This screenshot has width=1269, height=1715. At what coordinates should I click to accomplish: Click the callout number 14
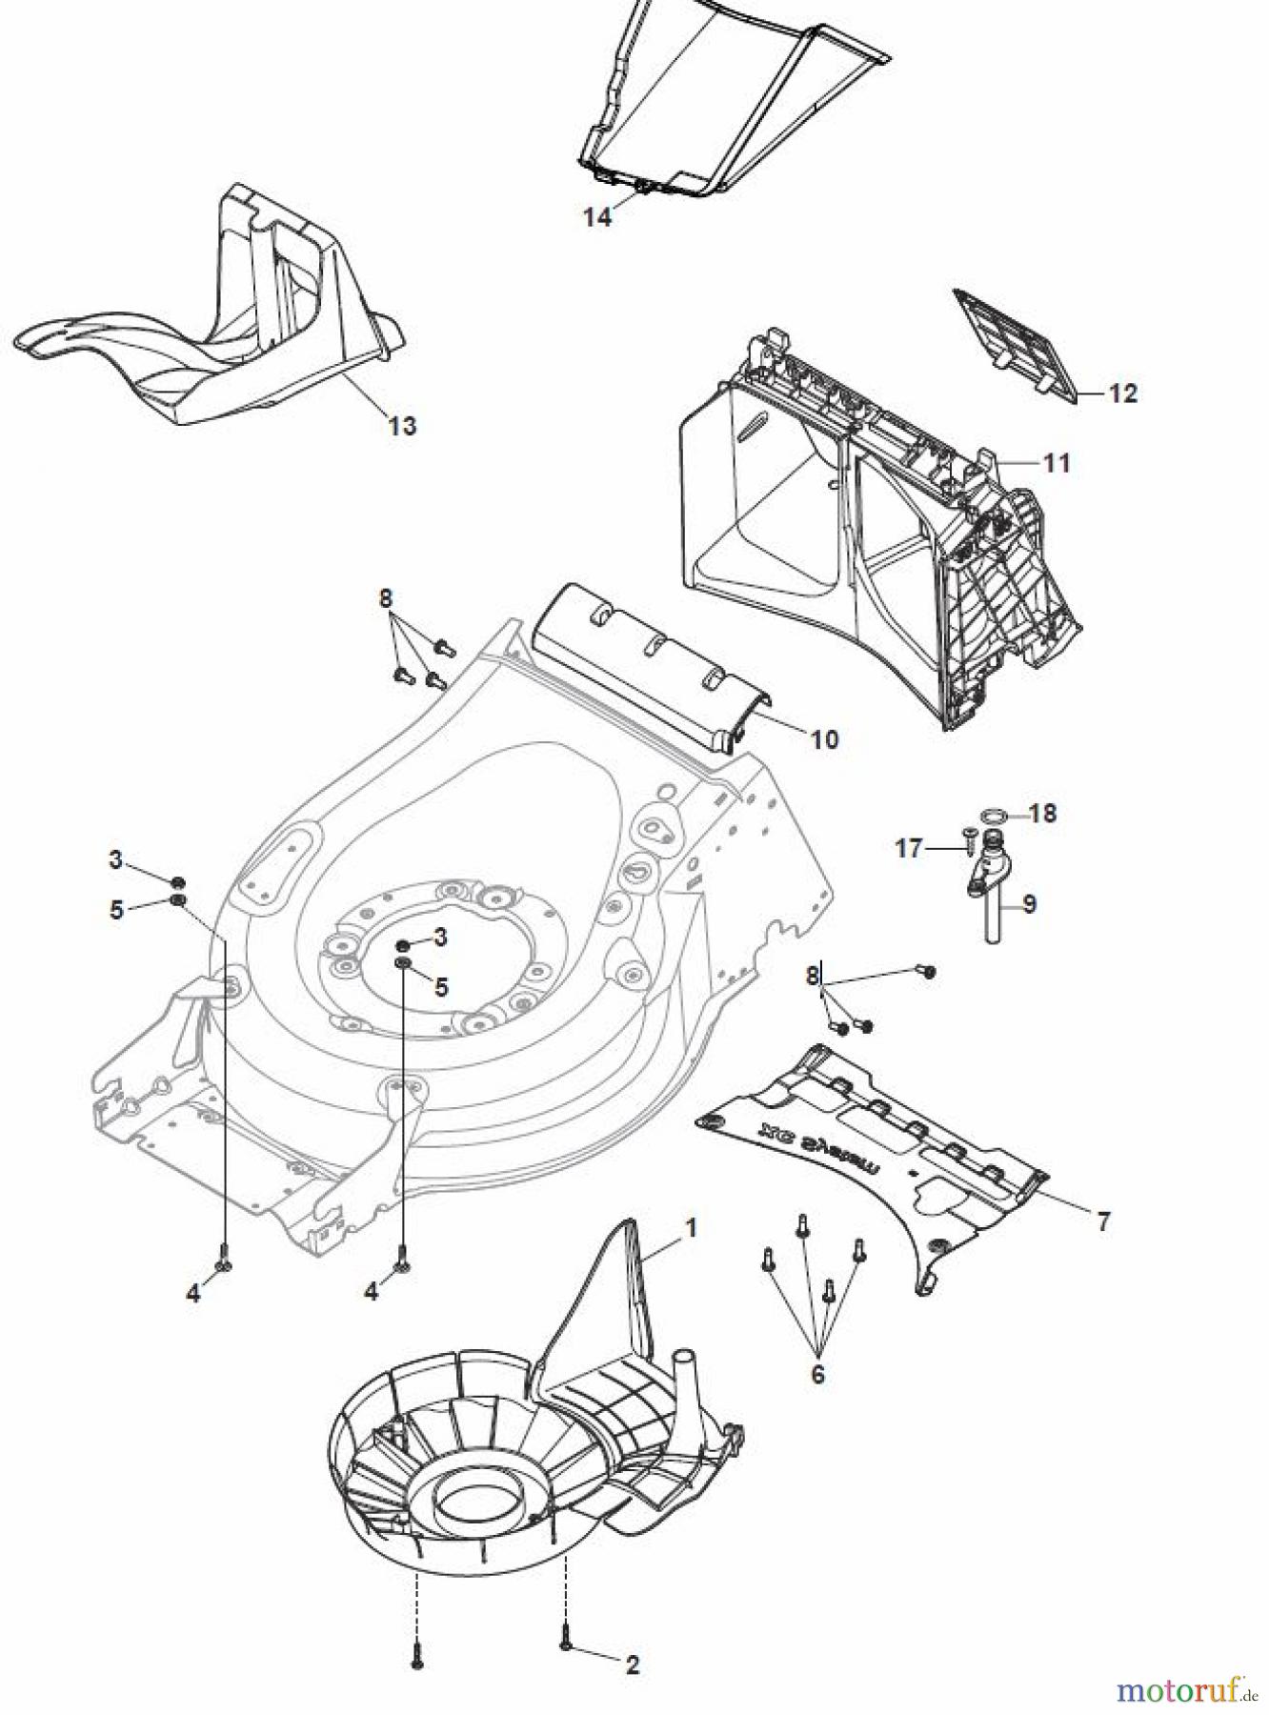click(x=597, y=217)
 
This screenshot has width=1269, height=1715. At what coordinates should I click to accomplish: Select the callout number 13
click(x=402, y=425)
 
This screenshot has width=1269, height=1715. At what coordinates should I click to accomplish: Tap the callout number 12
click(x=1123, y=393)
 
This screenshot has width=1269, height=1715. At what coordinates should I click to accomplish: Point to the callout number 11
click(x=1057, y=463)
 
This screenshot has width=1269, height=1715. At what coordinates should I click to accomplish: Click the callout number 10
click(x=824, y=738)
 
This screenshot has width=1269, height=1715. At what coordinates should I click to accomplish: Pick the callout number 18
click(x=1043, y=814)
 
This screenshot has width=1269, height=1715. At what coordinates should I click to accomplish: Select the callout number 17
click(x=910, y=847)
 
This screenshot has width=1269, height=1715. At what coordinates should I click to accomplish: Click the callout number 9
click(x=1030, y=903)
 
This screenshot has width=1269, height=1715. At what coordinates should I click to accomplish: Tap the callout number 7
click(x=1103, y=1221)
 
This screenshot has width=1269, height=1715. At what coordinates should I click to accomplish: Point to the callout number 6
click(x=817, y=1374)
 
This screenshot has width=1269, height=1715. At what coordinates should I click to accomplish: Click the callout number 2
click(x=633, y=1665)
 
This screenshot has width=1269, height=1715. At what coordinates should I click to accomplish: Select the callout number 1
click(x=691, y=1228)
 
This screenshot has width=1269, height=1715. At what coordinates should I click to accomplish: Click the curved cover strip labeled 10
click(x=648, y=667)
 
